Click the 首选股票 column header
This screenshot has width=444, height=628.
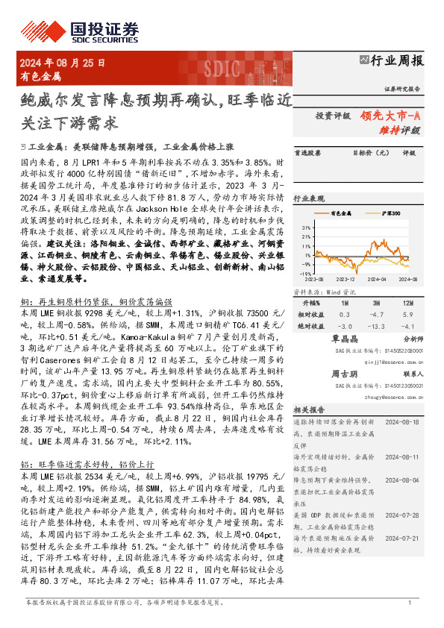[x=307, y=154]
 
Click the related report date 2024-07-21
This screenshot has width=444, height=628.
[x=404, y=537]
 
